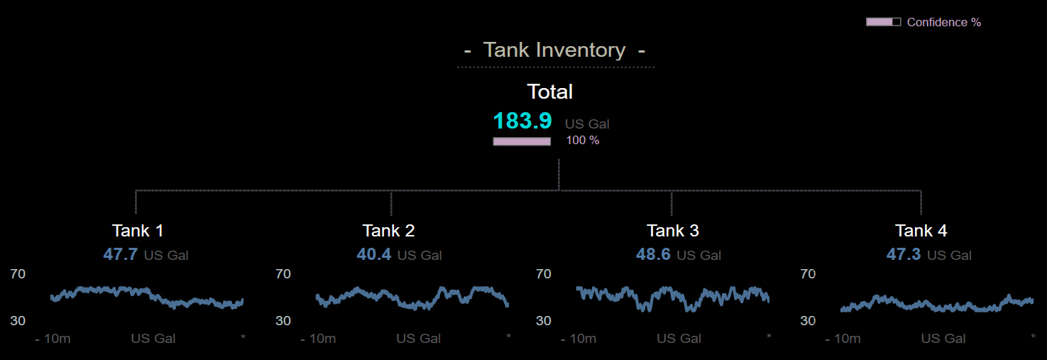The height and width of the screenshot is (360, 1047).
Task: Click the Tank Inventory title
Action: click(x=554, y=50)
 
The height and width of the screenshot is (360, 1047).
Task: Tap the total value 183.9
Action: click(x=522, y=121)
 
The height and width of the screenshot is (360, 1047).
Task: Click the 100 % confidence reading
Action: click(x=582, y=141)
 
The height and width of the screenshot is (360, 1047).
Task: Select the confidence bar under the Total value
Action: click(x=522, y=141)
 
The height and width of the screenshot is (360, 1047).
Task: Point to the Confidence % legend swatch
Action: click(x=883, y=22)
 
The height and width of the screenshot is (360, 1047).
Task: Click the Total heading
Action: click(x=549, y=92)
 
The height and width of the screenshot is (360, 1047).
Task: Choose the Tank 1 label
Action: click(x=138, y=231)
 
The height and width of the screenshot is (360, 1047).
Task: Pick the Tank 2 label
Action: click(x=388, y=231)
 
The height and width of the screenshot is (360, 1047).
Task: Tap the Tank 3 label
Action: click(x=673, y=231)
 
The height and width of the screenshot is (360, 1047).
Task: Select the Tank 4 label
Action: click(x=921, y=231)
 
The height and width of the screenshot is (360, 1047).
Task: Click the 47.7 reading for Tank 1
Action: click(x=121, y=254)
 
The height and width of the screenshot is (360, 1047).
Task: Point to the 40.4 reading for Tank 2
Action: click(x=374, y=254)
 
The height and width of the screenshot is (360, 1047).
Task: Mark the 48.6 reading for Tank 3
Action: click(x=653, y=254)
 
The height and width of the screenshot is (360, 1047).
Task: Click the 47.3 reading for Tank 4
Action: click(x=904, y=254)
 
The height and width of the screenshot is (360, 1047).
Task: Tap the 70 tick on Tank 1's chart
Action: click(x=18, y=274)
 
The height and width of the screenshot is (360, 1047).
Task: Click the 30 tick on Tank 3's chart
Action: click(x=543, y=321)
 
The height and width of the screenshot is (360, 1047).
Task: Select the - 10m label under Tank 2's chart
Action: click(x=318, y=339)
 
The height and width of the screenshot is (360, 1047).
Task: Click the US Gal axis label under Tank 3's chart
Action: click(x=679, y=339)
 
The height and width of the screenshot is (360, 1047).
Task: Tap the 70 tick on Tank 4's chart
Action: click(x=808, y=274)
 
